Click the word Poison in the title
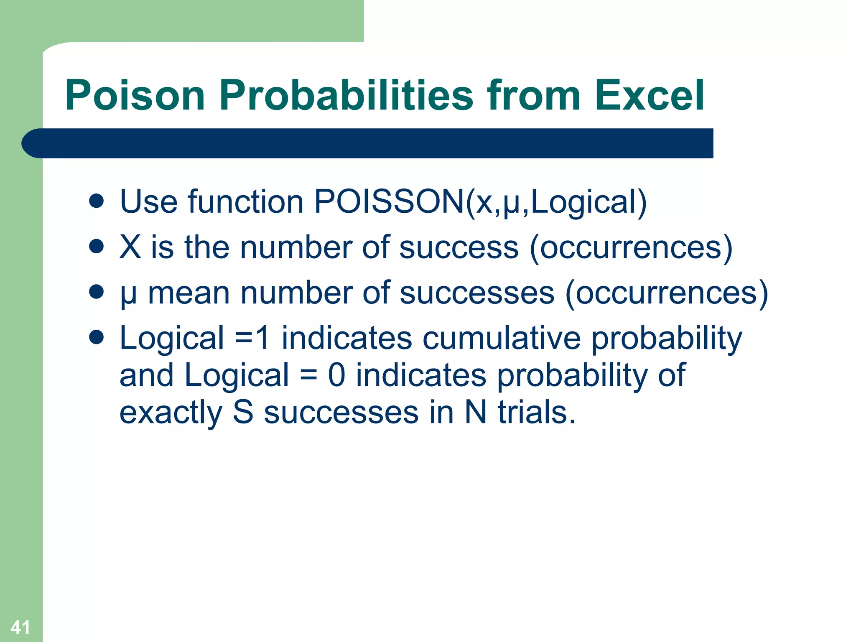point(135,95)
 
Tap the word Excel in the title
point(649,95)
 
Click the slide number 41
point(20,627)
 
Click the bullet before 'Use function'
point(96,201)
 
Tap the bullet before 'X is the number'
point(96,247)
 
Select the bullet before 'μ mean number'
point(96,292)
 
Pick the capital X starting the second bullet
point(130,247)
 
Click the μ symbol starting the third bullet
point(128,294)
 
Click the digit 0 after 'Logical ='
point(336,375)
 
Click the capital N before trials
point(475,413)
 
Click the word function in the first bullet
point(246,202)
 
